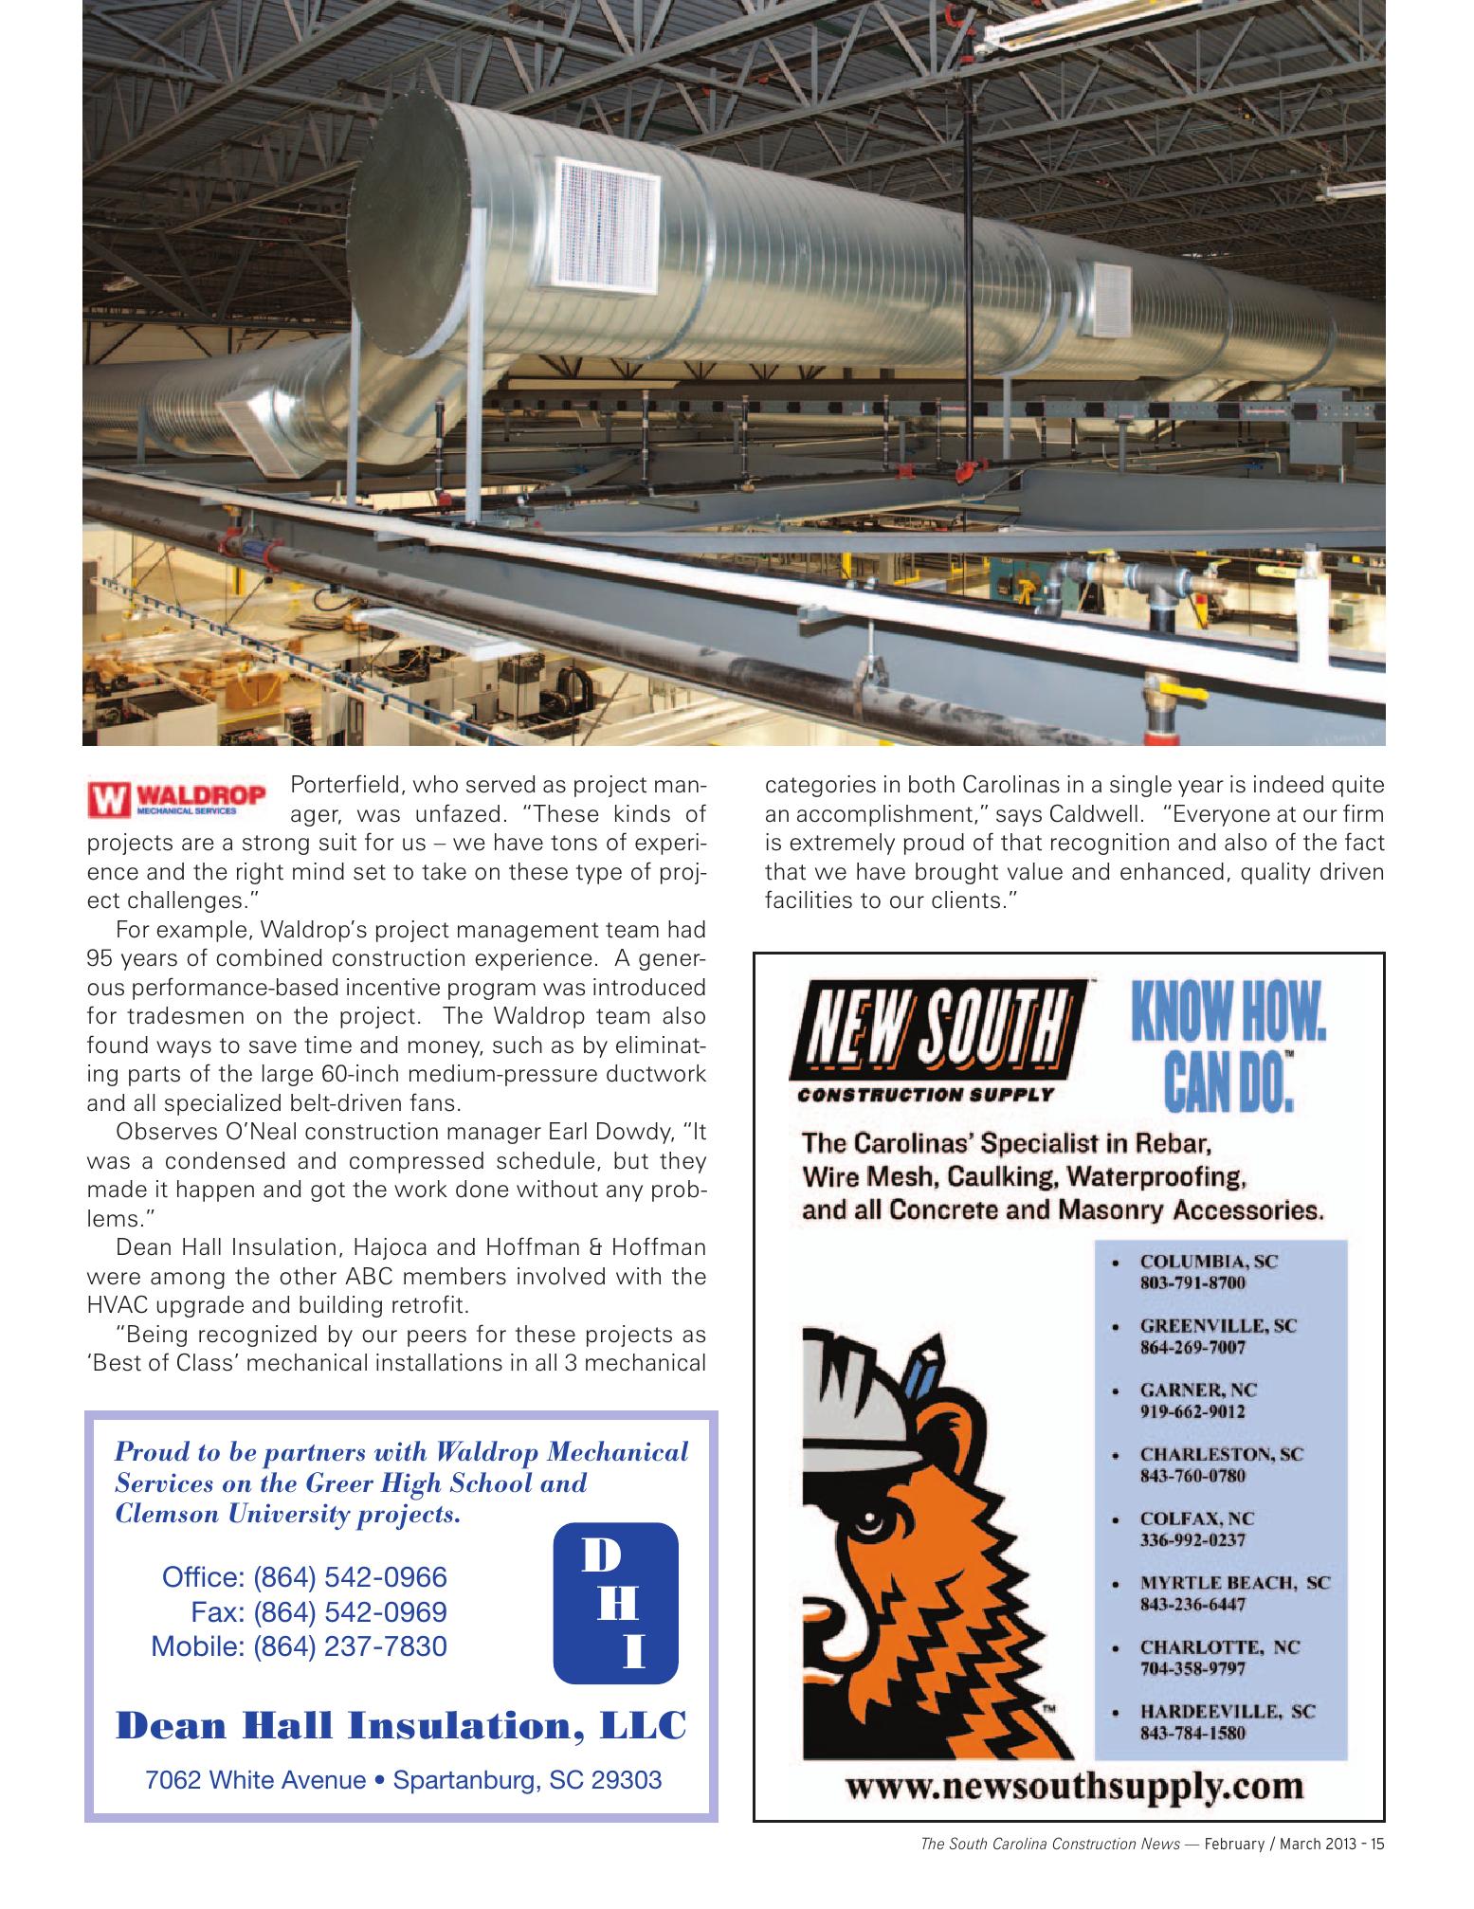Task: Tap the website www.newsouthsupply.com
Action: tap(1074, 1787)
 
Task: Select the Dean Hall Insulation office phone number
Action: tap(303, 1577)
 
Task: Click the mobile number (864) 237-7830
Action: tap(299, 1645)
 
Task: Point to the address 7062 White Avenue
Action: tap(255, 1779)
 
